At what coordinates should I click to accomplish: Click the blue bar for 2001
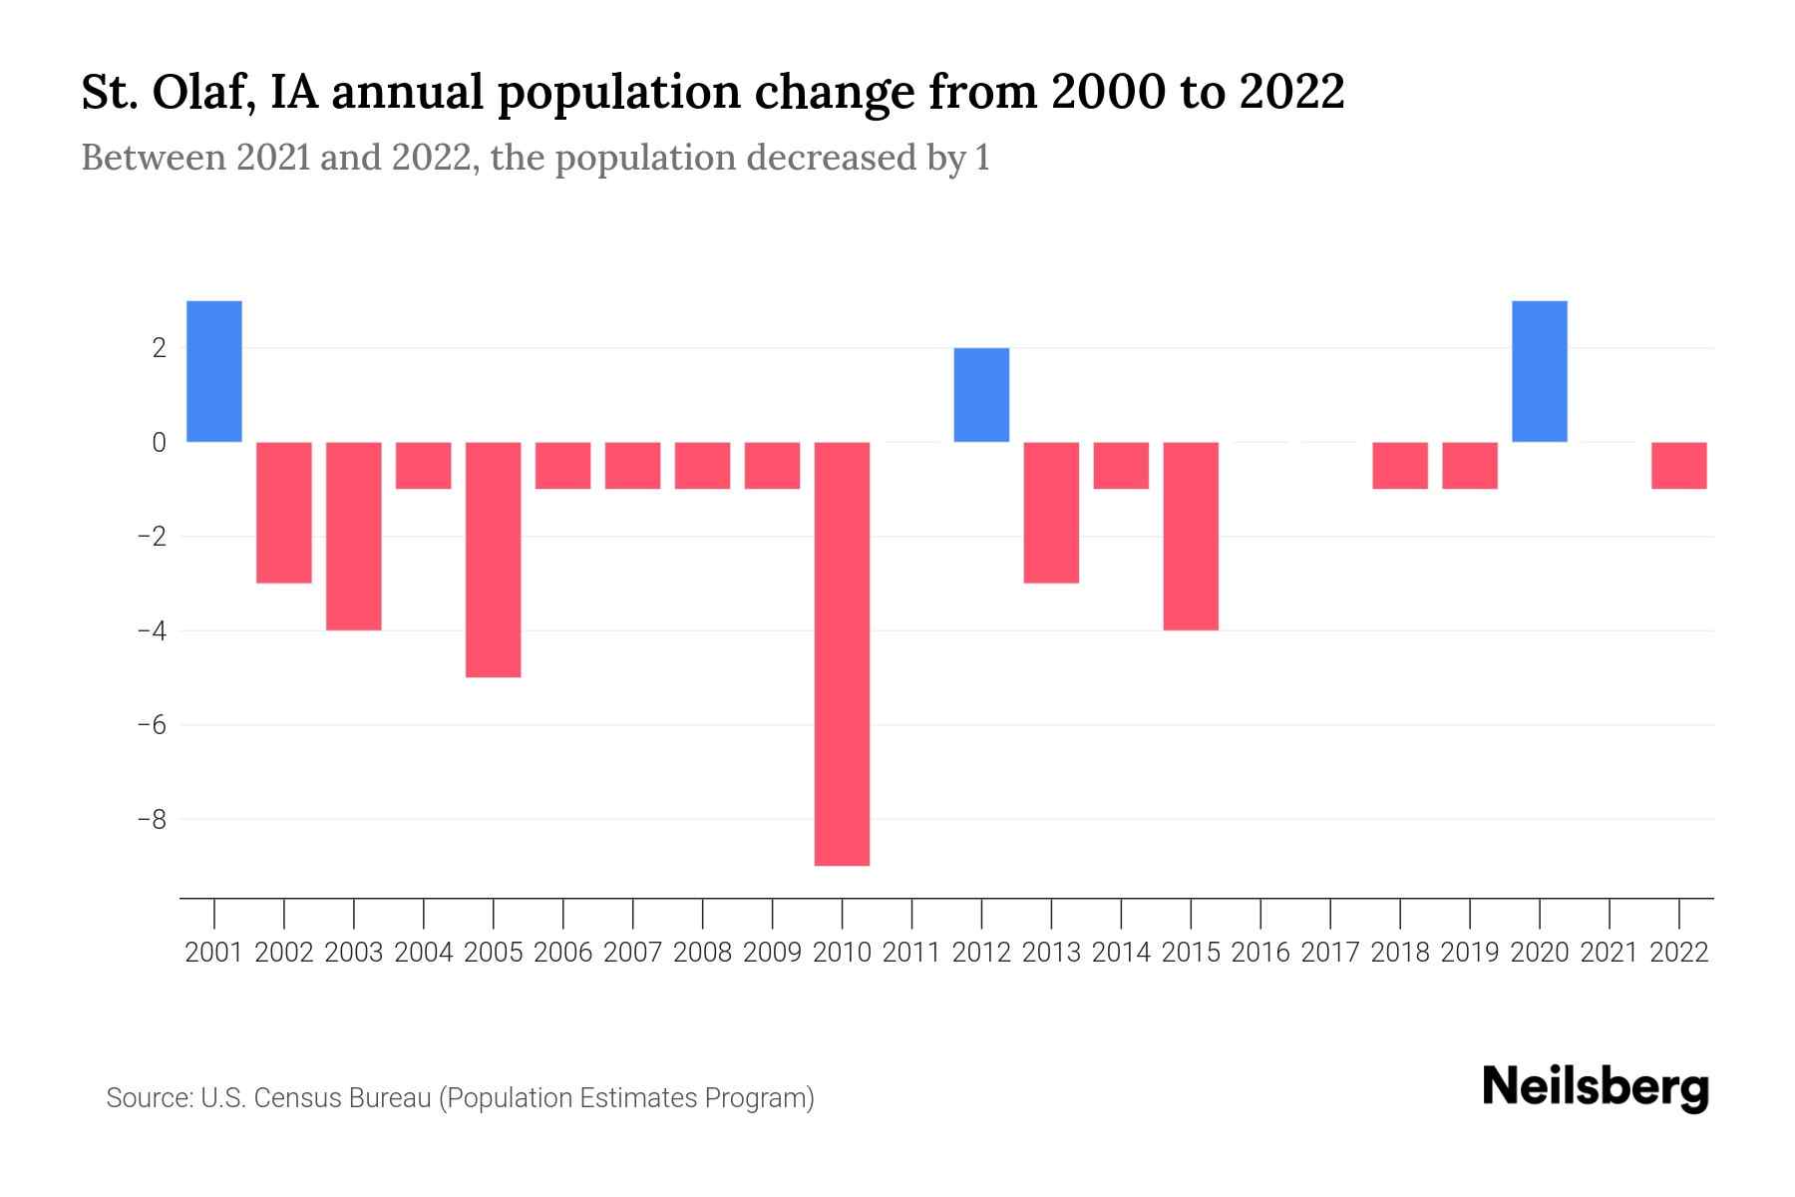click(x=214, y=371)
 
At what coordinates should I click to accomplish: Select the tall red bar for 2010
click(x=842, y=653)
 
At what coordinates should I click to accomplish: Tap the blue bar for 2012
click(x=981, y=395)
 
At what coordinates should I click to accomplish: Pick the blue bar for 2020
click(x=1539, y=371)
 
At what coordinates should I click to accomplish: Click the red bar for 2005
click(x=494, y=560)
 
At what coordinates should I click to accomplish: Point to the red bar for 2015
click(x=1191, y=536)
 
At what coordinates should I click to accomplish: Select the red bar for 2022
click(x=1678, y=466)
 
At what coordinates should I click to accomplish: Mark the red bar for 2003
click(x=354, y=536)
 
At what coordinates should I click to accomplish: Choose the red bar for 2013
click(x=1051, y=513)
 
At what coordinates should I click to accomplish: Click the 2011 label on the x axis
click(x=911, y=953)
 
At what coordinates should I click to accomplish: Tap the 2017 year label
click(x=1329, y=953)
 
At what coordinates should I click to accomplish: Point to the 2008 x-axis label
click(x=702, y=953)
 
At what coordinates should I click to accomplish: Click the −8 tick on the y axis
click(x=152, y=820)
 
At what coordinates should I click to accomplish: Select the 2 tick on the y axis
click(x=159, y=348)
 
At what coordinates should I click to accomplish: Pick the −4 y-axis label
click(x=152, y=631)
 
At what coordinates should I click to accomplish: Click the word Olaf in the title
click(x=206, y=93)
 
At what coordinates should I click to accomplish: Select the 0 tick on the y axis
click(x=159, y=443)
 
